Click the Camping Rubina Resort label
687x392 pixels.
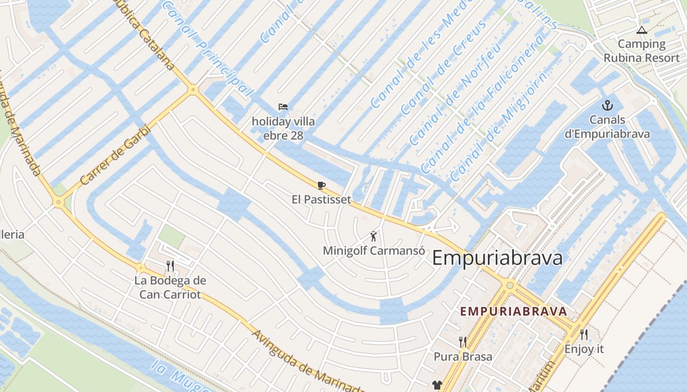(641, 51)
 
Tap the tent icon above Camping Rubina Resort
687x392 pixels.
(641, 30)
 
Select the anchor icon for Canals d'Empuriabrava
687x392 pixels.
(608, 105)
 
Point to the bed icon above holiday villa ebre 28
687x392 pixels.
(283, 107)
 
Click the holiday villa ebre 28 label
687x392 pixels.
(283, 128)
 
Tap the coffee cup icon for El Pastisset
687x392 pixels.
(321, 185)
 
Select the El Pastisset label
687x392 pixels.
(321, 199)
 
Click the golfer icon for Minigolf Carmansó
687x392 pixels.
(374, 236)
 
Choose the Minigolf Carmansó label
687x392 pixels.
(373, 250)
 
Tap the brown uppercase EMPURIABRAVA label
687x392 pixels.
(513, 311)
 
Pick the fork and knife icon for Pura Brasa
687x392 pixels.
(462, 342)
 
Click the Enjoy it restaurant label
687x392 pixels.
(584, 349)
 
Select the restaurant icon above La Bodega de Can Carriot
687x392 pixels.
(170, 266)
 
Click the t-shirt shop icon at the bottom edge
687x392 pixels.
(437, 386)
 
